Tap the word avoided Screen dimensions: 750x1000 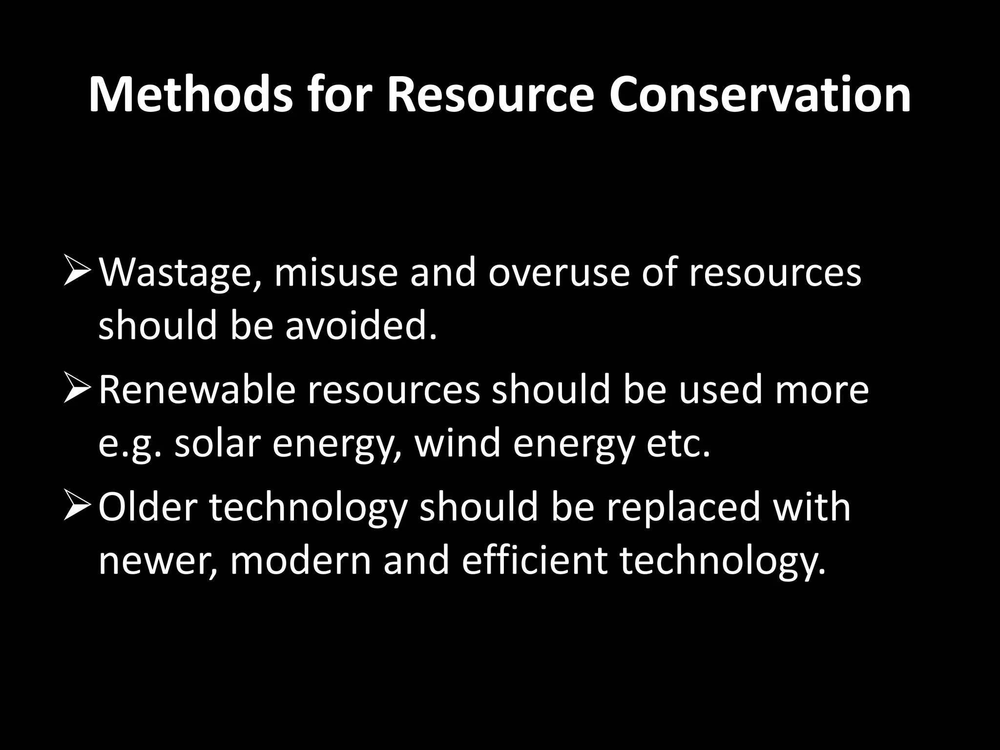pos(360,326)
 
